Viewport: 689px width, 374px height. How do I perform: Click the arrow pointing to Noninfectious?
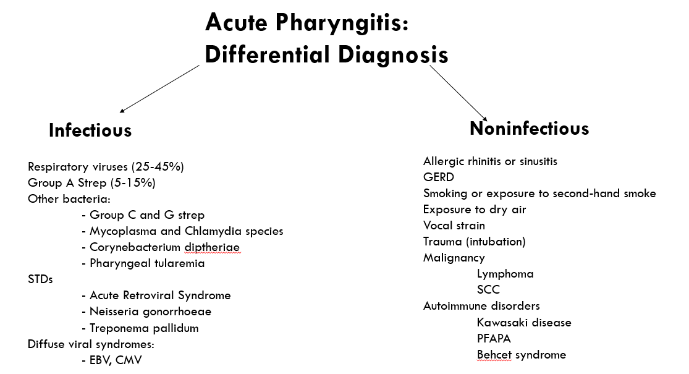point(457,91)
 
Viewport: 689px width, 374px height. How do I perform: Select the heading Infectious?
point(90,130)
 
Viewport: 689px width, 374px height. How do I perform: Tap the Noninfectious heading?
point(529,128)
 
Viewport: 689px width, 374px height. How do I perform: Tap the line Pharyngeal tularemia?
point(147,263)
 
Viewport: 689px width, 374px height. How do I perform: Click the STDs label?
point(40,279)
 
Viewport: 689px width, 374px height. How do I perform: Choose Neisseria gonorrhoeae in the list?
point(150,312)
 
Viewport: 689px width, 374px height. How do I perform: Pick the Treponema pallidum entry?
point(144,328)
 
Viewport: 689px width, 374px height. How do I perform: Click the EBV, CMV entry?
point(116,360)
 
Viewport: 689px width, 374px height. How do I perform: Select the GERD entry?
point(439,177)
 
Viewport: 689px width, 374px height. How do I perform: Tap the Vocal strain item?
point(454,226)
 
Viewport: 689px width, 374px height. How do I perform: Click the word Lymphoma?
point(505,274)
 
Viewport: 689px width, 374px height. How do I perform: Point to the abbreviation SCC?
point(488,290)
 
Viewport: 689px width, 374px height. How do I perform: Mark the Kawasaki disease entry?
point(524,322)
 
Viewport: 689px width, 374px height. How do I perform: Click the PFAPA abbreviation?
point(494,339)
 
